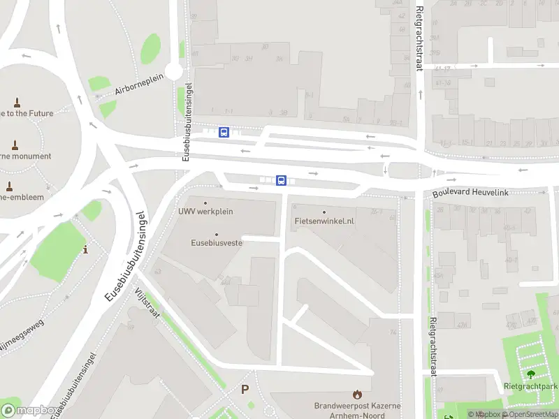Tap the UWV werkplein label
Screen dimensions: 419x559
[x=205, y=211]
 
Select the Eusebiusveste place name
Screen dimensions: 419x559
[x=217, y=243]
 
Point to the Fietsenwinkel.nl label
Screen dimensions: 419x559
[x=325, y=221]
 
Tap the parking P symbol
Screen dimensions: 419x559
[x=245, y=389]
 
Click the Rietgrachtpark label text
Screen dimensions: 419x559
[x=530, y=386]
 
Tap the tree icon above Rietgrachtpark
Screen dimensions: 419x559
[x=530, y=374]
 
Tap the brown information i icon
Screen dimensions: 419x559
[x=85, y=249]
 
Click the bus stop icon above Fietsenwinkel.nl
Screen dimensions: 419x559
[x=281, y=180]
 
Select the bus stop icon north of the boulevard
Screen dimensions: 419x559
[x=224, y=132]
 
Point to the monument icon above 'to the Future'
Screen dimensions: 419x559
[x=15, y=101]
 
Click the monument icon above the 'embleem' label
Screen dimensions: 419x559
[x=9, y=186]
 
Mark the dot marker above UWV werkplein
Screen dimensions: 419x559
[x=205, y=203]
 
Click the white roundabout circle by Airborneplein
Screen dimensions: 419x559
[x=174, y=71]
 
